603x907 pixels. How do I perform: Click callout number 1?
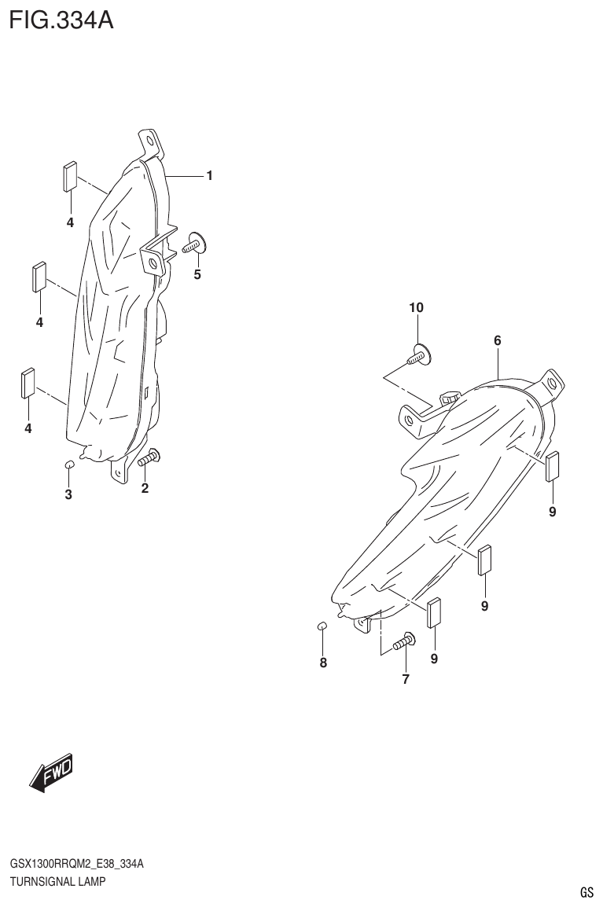pos(210,176)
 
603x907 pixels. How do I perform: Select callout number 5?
pos(197,274)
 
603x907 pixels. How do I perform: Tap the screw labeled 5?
pos(194,244)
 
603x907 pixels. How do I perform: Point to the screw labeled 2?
pos(149,457)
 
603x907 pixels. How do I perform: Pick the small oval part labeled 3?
pos(68,465)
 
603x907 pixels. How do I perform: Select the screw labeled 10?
pos(419,358)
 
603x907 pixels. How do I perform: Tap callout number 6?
pos(498,340)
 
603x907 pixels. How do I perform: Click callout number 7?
pos(406,679)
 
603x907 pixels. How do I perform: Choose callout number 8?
pos(323,663)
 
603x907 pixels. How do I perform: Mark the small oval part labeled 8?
pos(322,626)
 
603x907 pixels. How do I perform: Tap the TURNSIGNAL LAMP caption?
pos(57,881)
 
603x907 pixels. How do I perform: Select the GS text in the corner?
pos(586,892)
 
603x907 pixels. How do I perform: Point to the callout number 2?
pos(145,488)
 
